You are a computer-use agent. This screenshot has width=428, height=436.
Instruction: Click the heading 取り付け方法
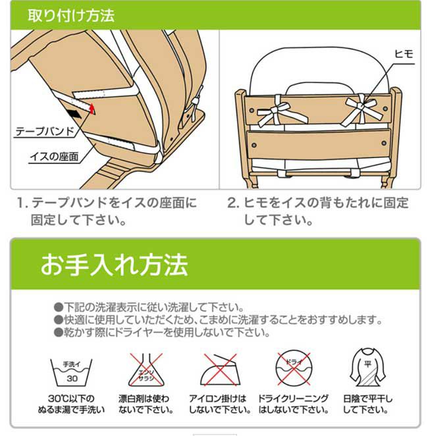tap(71, 15)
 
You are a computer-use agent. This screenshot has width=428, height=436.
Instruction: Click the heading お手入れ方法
tap(114, 265)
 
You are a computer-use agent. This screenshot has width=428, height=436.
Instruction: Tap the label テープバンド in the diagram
tap(45, 132)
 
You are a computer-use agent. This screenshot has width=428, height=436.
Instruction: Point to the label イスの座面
tap(55, 157)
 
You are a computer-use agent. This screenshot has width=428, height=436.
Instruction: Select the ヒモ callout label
tap(404, 54)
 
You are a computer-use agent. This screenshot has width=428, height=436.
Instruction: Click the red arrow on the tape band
tap(92, 109)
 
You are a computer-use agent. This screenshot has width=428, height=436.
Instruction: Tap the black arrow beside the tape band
tap(74, 113)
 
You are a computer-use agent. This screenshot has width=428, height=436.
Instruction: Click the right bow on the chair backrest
tap(362, 109)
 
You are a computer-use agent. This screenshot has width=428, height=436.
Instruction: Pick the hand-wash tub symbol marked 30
tap(71, 372)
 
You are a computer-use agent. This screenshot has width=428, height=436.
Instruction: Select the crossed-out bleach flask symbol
tap(146, 370)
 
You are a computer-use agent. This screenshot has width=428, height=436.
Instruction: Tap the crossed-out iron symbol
tap(220, 370)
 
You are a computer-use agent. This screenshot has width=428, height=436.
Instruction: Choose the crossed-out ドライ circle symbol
tap(294, 368)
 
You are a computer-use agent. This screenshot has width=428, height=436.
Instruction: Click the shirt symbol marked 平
tap(367, 368)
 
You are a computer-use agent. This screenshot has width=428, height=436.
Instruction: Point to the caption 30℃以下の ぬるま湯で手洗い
tap(71, 404)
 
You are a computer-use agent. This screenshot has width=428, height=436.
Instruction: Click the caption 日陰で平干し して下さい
tap(367, 404)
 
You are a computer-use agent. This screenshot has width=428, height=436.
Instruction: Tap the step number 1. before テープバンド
tap(22, 203)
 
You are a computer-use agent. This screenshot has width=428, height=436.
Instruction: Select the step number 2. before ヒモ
tap(233, 203)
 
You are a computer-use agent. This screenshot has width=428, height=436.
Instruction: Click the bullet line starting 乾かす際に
tap(162, 332)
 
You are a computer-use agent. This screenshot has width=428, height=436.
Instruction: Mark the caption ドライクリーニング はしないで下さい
tap(294, 404)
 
